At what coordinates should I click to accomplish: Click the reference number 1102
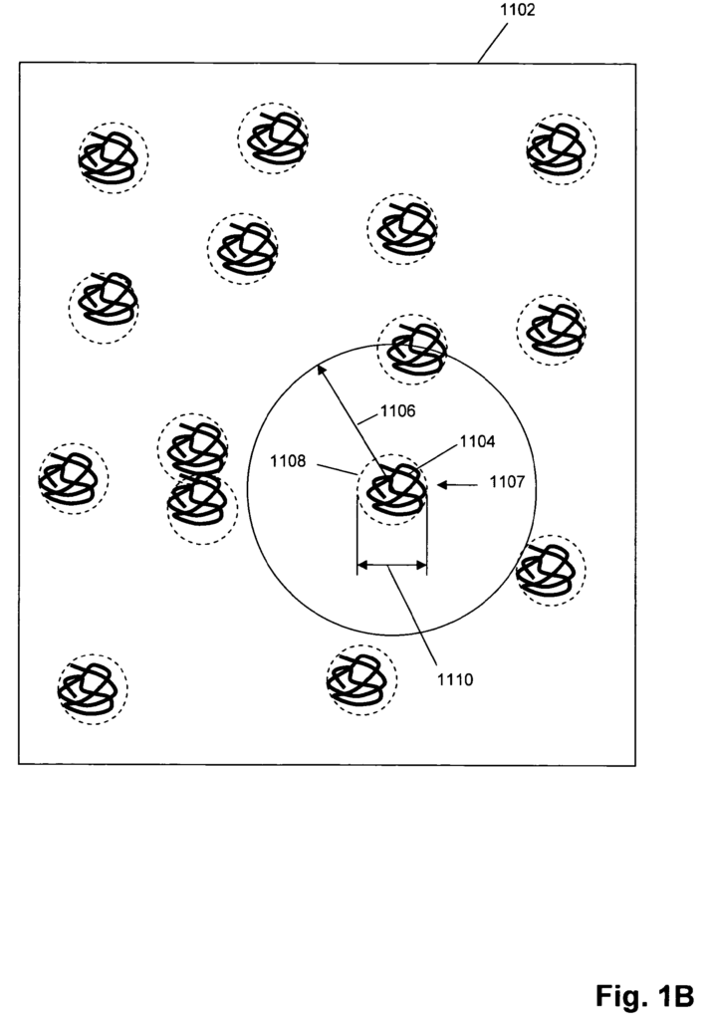(x=517, y=10)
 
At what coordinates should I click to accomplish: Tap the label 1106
(x=397, y=411)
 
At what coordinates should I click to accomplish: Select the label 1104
(x=477, y=441)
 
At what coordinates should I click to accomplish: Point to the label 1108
(x=288, y=461)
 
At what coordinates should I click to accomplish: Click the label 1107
(x=507, y=482)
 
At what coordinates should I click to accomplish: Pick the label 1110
(x=454, y=679)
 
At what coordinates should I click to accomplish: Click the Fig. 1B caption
(x=644, y=996)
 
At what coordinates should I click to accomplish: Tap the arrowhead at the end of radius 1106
(x=320, y=370)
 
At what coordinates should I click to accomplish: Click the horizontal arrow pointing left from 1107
(x=457, y=485)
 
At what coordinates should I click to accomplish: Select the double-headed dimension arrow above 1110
(x=392, y=566)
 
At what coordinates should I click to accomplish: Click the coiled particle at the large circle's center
(x=393, y=489)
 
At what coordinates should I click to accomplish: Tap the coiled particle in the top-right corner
(x=562, y=149)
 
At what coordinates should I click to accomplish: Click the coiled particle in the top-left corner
(x=114, y=158)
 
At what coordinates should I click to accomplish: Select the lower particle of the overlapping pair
(x=201, y=509)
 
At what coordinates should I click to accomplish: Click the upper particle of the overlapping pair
(x=192, y=447)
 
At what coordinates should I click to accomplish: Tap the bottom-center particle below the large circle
(x=361, y=679)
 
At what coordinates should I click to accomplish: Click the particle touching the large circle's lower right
(x=551, y=571)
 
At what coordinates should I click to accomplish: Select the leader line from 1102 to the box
(x=493, y=43)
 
